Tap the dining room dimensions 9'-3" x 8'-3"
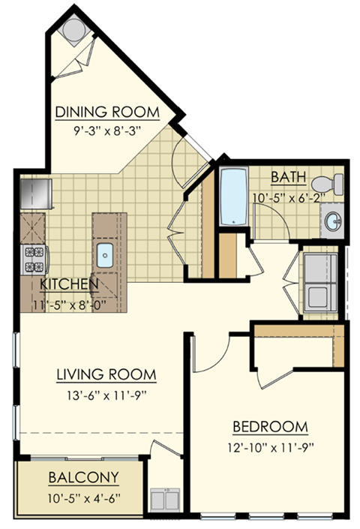[x=108, y=129]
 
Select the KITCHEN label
[x=68, y=284]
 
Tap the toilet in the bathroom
[x=328, y=182]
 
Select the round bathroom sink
[x=334, y=221]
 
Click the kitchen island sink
[x=104, y=256]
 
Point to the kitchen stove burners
[x=33, y=259]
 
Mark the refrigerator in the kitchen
[x=34, y=193]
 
